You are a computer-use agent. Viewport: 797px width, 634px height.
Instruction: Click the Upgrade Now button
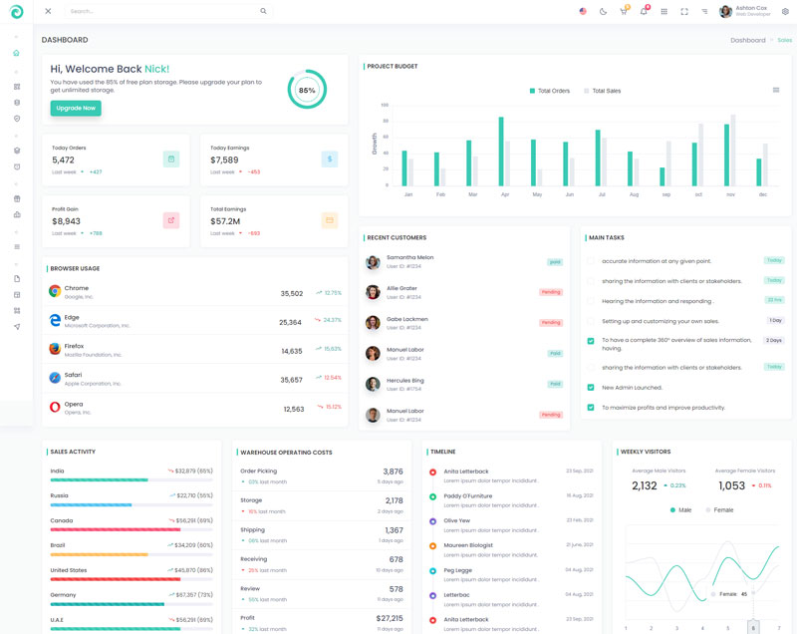tap(76, 108)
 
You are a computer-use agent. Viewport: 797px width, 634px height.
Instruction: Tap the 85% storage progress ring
tap(307, 90)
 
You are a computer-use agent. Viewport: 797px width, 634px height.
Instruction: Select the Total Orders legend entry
tap(549, 91)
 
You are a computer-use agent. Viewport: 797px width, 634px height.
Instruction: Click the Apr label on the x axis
tap(504, 194)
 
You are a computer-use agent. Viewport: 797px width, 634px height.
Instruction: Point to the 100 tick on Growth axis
tap(385, 104)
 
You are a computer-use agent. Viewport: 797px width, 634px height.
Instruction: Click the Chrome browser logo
tap(55, 291)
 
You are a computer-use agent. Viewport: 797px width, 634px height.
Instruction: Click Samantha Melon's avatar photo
tap(373, 262)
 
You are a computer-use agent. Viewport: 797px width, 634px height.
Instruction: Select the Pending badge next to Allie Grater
tap(551, 292)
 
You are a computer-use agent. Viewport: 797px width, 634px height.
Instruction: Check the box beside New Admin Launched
tap(591, 388)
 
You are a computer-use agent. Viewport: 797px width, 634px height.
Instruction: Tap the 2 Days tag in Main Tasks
tap(774, 340)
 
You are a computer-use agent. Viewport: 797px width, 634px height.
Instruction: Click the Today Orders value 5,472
tap(63, 159)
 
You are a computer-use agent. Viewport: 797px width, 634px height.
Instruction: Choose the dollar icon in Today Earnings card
tap(330, 158)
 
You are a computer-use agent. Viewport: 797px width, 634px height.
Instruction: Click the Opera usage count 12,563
tap(293, 409)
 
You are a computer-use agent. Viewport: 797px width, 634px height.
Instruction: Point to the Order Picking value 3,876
tap(393, 472)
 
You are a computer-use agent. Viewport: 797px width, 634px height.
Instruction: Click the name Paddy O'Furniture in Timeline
tap(467, 495)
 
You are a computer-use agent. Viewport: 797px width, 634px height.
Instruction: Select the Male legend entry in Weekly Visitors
tap(681, 509)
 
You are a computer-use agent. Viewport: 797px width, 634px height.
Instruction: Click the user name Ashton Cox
tap(751, 8)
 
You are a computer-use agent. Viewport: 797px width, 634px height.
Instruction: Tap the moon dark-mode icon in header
tap(603, 11)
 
